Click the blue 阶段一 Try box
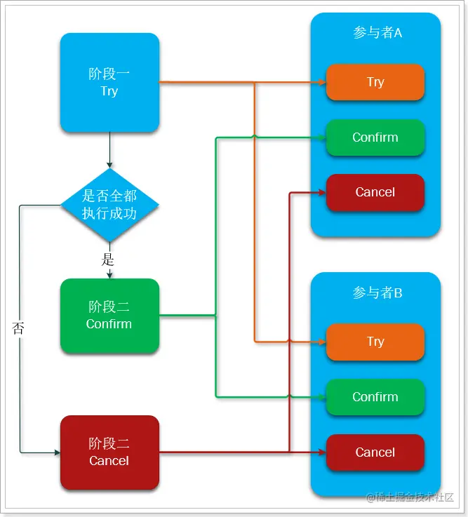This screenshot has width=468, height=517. pyautogui.click(x=109, y=82)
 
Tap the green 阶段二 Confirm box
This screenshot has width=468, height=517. pyautogui.click(x=109, y=316)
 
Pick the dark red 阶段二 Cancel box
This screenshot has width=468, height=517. pyautogui.click(x=109, y=452)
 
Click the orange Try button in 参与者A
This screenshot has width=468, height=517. pyautogui.click(x=375, y=82)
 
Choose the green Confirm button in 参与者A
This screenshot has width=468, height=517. pyautogui.click(x=375, y=137)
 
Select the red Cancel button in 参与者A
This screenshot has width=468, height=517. pyautogui.click(x=375, y=192)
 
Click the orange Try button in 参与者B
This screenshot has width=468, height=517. pyautogui.click(x=375, y=342)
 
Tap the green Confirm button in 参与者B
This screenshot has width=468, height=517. pyautogui.click(x=375, y=397)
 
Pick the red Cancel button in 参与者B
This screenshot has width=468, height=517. pyautogui.click(x=375, y=452)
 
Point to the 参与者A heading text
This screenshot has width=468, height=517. pyautogui.click(x=377, y=33)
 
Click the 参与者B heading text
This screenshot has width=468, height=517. pyautogui.click(x=377, y=293)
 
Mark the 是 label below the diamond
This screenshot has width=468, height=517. pyautogui.click(x=108, y=260)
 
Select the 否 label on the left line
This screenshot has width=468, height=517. pyautogui.click(x=19, y=328)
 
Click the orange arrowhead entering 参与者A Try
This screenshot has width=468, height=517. pyautogui.click(x=322, y=82)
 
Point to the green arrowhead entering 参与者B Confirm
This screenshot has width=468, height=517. pyautogui.click(x=322, y=397)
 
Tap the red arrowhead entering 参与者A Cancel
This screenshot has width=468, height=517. pyautogui.click(x=322, y=192)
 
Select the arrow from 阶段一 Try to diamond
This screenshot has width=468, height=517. pyautogui.click(x=109, y=150)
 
